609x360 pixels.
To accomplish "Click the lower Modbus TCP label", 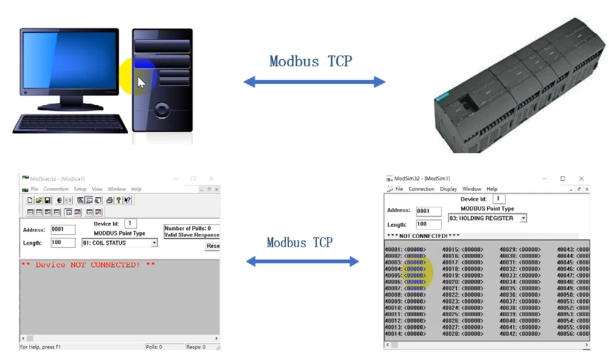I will pos(300,242).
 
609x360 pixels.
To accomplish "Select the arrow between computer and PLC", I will pos(314,82).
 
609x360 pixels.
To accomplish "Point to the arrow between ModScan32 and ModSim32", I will pos(303,261).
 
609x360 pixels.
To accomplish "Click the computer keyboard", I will pos(71,123).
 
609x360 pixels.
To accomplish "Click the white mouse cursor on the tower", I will pos(141,83).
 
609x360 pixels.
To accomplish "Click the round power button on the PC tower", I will pos(162,110).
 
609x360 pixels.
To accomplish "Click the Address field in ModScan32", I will pos(63,230).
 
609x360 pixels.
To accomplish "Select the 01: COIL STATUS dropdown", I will pos(119,242).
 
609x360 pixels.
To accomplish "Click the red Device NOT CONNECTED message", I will pos(88,265).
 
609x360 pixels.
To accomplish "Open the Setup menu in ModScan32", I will pos(80,189).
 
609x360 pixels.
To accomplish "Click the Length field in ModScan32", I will pos(63,243).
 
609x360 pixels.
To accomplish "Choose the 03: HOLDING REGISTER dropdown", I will pos(487,218).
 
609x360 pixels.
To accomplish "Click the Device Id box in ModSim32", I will pos(499,199).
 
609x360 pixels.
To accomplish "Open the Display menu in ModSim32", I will pos(449,189).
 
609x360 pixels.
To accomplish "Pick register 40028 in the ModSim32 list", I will pos(462,334).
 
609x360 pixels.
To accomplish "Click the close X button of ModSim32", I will pos(582,178).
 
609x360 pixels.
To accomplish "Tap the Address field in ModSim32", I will pos(428,211).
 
